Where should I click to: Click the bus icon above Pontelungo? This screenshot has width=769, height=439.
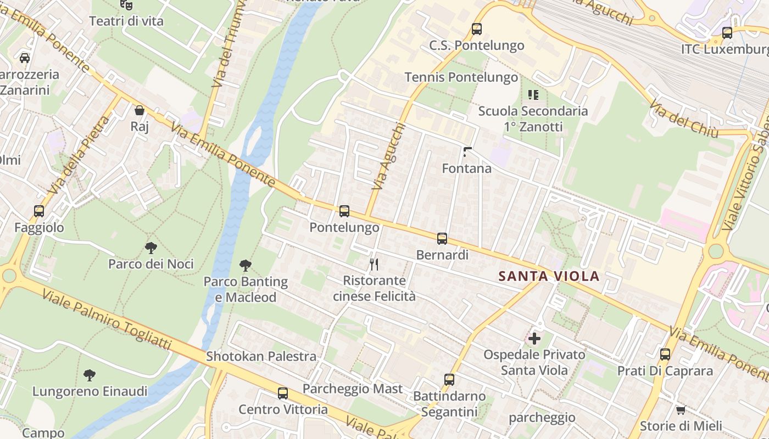pyautogui.click(x=344, y=211)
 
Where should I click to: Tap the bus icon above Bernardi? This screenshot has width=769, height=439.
pyautogui.click(x=442, y=239)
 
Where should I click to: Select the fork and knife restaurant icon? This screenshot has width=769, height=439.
pyautogui.click(x=374, y=264)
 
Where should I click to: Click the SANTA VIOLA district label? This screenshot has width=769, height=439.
pyautogui.click(x=549, y=276)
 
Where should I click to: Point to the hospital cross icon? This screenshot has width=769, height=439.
pyautogui.click(x=534, y=338)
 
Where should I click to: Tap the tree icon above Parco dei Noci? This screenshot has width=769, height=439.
pyautogui.click(x=151, y=247)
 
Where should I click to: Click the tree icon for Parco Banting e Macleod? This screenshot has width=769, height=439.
pyautogui.click(x=246, y=266)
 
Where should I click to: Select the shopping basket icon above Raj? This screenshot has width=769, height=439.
pyautogui.click(x=140, y=110)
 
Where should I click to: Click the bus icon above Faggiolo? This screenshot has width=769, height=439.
pyautogui.click(x=39, y=211)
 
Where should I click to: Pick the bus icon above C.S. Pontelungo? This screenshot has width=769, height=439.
pyautogui.click(x=477, y=29)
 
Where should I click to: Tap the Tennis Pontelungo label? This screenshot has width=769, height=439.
pyautogui.click(x=461, y=77)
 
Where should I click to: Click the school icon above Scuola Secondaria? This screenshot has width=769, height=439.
pyautogui.click(x=533, y=94)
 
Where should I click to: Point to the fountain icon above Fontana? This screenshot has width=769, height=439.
pyautogui.click(x=467, y=152)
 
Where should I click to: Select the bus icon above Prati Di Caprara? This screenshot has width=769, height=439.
pyautogui.click(x=665, y=354)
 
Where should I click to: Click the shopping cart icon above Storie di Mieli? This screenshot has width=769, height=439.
pyautogui.click(x=681, y=409)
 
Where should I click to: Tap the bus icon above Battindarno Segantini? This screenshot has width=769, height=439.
pyautogui.click(x=449, y=379)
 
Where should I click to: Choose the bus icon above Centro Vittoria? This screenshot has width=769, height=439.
pyautogui.click(x=283, y=393)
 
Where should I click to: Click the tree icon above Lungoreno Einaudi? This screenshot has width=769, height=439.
pyautogui.click(x=89, y=375)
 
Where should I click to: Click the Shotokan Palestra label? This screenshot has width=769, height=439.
pyautogui.click(x=261, y=356)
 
